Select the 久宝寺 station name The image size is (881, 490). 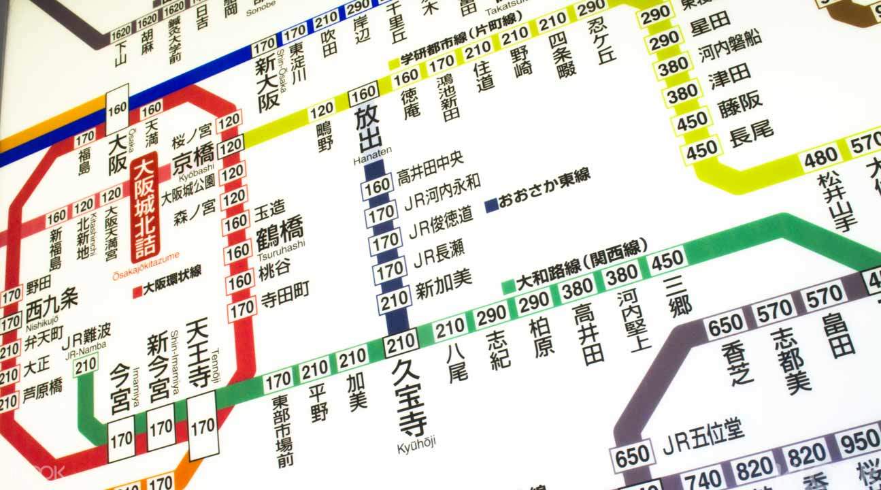[x=410, y=398]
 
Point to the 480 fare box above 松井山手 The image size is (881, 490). [x=820, y=159]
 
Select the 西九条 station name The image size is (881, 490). [x=52, y=307]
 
